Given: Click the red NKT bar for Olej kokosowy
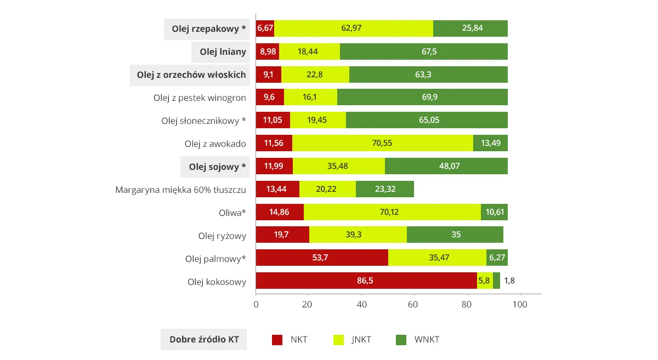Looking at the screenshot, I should [366, 281].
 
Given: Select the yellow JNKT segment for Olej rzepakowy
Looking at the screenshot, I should [353, 28].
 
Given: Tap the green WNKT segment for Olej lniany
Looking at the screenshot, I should [423, 52].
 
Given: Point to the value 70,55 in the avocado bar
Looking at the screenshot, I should [382, 144].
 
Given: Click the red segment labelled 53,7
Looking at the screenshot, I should [322, 258].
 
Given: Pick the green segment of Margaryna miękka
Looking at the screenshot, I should [384, 189].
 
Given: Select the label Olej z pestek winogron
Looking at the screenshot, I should [200, 98].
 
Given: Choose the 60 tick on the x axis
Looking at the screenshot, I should [414, 304].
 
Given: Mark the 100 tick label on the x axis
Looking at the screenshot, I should [519, 304].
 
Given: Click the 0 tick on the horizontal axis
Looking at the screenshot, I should [256, 304].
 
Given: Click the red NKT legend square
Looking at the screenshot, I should [277, 340].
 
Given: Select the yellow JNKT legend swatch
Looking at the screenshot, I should [339, 340].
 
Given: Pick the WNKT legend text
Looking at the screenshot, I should [427, 340].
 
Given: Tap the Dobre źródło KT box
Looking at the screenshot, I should [203, 340].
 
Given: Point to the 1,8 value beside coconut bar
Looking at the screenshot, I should [509, 281].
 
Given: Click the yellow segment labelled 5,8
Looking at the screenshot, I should [485, 281].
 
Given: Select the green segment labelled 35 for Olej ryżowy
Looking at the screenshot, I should [455, 235].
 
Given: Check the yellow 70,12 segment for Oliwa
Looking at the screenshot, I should [392, 212].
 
